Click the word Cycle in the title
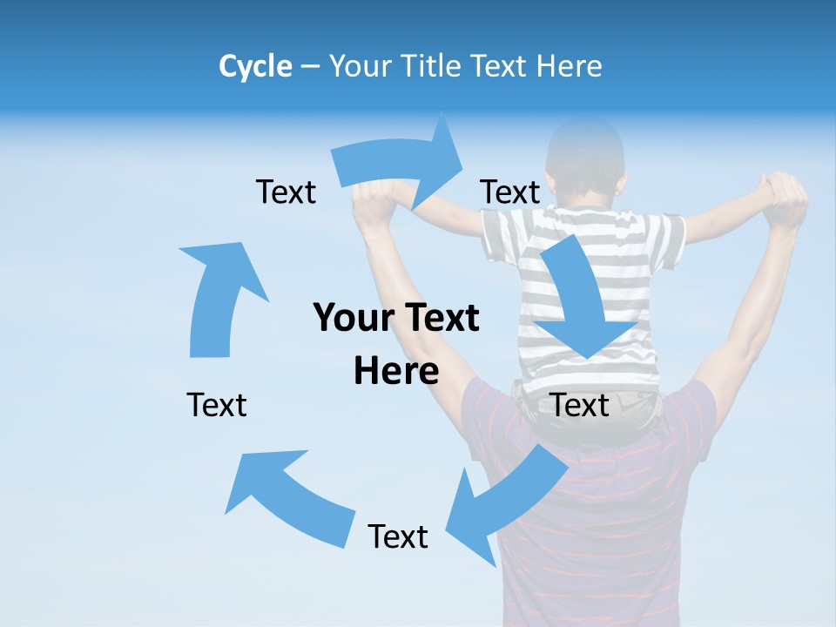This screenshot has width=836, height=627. click(255, 66)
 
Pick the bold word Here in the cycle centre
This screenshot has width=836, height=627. click(396, 371)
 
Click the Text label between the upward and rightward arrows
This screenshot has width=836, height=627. click(286, 192)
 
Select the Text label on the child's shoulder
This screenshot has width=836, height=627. click(510, 192)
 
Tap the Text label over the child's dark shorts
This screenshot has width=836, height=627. click(580, 406)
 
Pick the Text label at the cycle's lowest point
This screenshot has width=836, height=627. click(398, 537)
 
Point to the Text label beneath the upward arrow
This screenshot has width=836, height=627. click(217, 406)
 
